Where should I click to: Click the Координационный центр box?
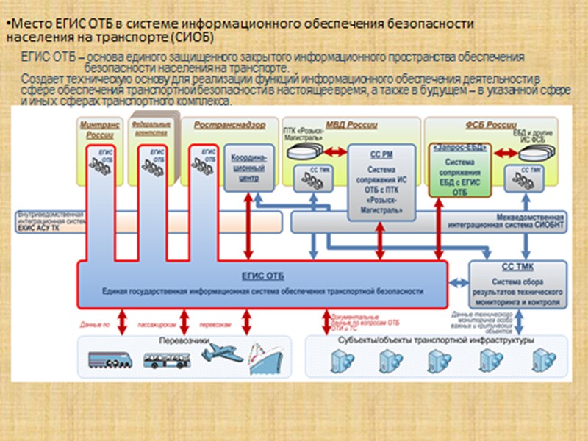(x=249, y=168)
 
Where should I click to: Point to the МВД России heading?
(x=346, y=125)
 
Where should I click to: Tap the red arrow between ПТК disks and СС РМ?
(x=335, y=152)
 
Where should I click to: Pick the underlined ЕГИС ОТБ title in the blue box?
(x=262, y=276)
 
